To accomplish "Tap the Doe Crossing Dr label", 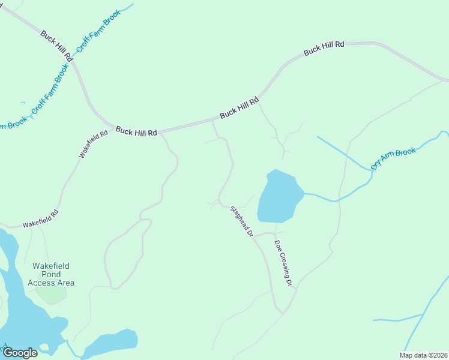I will point(283,262).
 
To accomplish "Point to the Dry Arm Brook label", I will point(393,159).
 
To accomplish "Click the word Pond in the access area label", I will point(51,274).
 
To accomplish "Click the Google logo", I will point(20,352).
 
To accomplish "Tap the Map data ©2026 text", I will point(423,355).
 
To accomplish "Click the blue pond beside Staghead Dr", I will point(277,197).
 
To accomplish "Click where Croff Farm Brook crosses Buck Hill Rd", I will point(72,60).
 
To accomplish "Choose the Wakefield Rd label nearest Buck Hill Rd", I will point(93,144).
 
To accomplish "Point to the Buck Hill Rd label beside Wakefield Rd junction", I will point(136,130).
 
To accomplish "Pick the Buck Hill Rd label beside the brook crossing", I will point(56,46).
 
